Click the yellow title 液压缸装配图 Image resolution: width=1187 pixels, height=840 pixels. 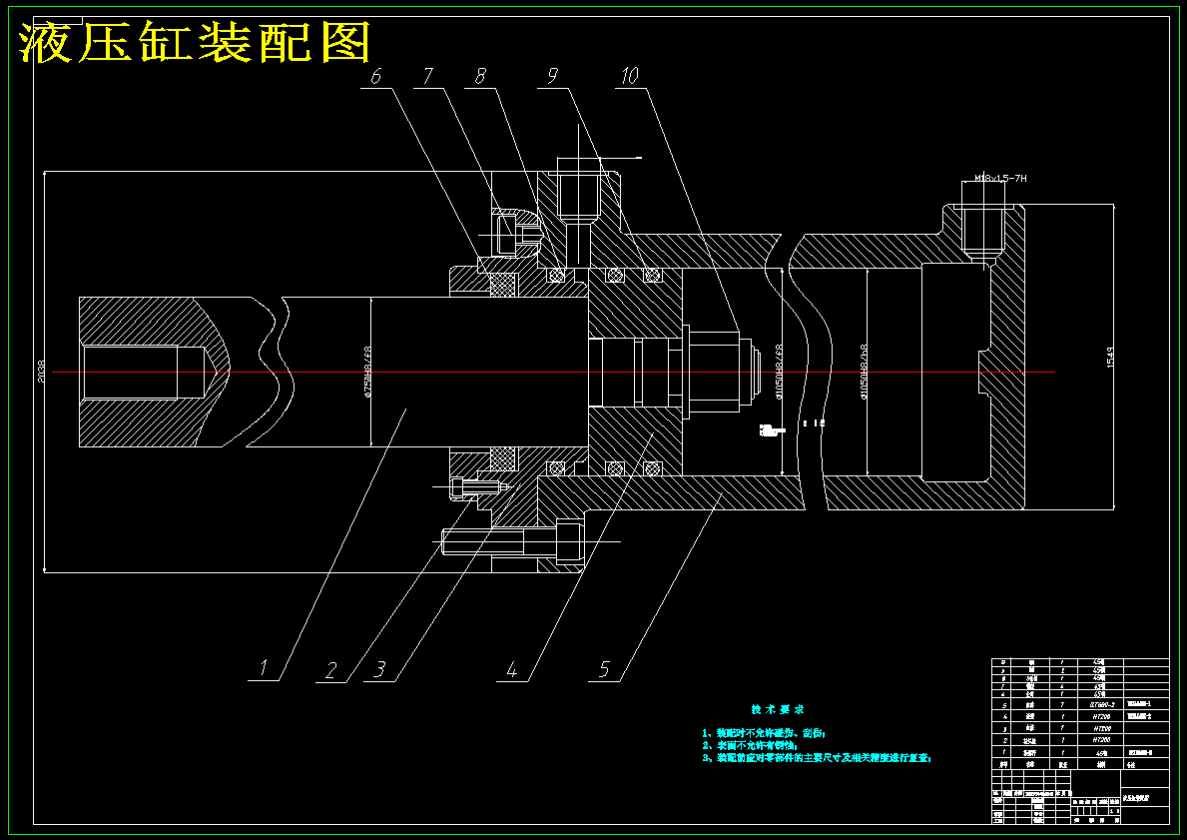196,43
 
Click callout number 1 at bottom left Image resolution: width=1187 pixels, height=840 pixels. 264,668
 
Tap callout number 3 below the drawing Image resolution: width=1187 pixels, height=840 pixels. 379,669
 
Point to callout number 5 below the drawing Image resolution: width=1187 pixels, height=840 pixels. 604,669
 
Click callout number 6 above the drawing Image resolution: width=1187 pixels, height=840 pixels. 376,76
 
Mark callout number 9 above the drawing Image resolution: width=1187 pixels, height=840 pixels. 552,76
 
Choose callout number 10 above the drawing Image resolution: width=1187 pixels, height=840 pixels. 629,76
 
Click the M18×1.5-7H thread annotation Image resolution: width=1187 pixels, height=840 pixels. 1000,178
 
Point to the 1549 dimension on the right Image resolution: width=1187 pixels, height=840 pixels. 1110,357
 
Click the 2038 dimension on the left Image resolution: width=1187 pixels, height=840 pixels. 42,372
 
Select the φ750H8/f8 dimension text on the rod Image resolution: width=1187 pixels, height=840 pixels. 367,372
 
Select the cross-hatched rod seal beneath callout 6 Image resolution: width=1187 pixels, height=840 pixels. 503,285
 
